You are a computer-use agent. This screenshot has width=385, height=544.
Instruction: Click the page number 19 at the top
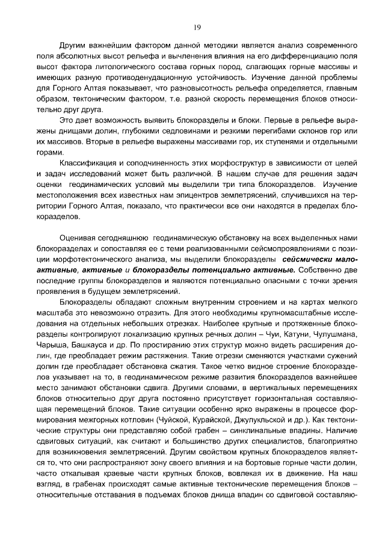tap(196, 27)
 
